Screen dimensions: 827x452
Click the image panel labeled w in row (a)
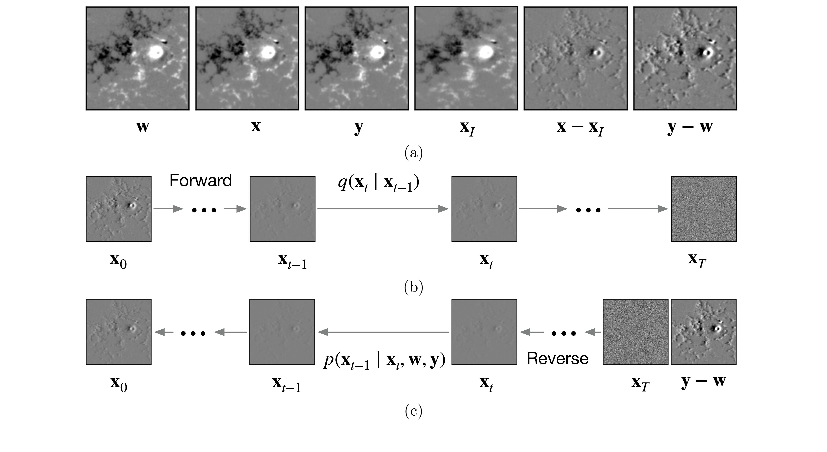tap(137, 58)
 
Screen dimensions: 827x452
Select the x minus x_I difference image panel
tap(576, 58)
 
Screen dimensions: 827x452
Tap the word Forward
tap(201, 181)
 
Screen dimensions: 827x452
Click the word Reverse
tap(558, 358)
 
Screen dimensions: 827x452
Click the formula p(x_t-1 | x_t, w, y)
tap(384, 361)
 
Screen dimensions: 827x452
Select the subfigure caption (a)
tap(413, 153)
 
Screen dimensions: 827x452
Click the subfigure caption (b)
tap(413, 287)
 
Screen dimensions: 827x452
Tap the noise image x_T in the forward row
tap(704, 209)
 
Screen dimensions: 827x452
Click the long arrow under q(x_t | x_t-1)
tap(383, 209)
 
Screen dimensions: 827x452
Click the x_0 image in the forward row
tap(118, 209)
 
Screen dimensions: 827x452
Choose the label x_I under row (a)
tap(467, 129)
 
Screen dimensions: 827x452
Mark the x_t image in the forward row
tap(484, 209)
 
